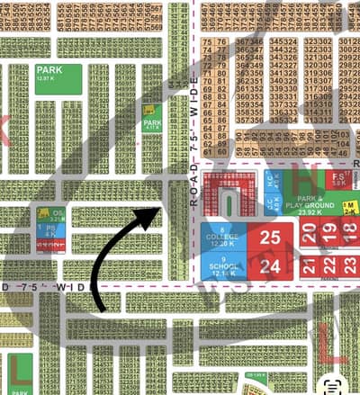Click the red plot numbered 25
pyautogui.click(x=270, y=238)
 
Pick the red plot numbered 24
pyautogui.click(x=270, y=267)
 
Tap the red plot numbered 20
pyautogui.click(x=309, y=236)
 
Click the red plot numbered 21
pyautogui.click(x=309, y=266)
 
